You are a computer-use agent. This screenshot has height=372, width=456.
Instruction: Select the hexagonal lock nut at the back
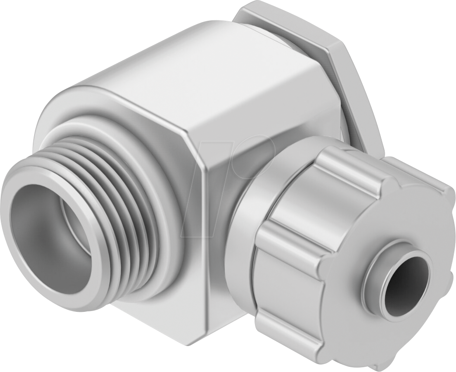[x=333, y=56]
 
